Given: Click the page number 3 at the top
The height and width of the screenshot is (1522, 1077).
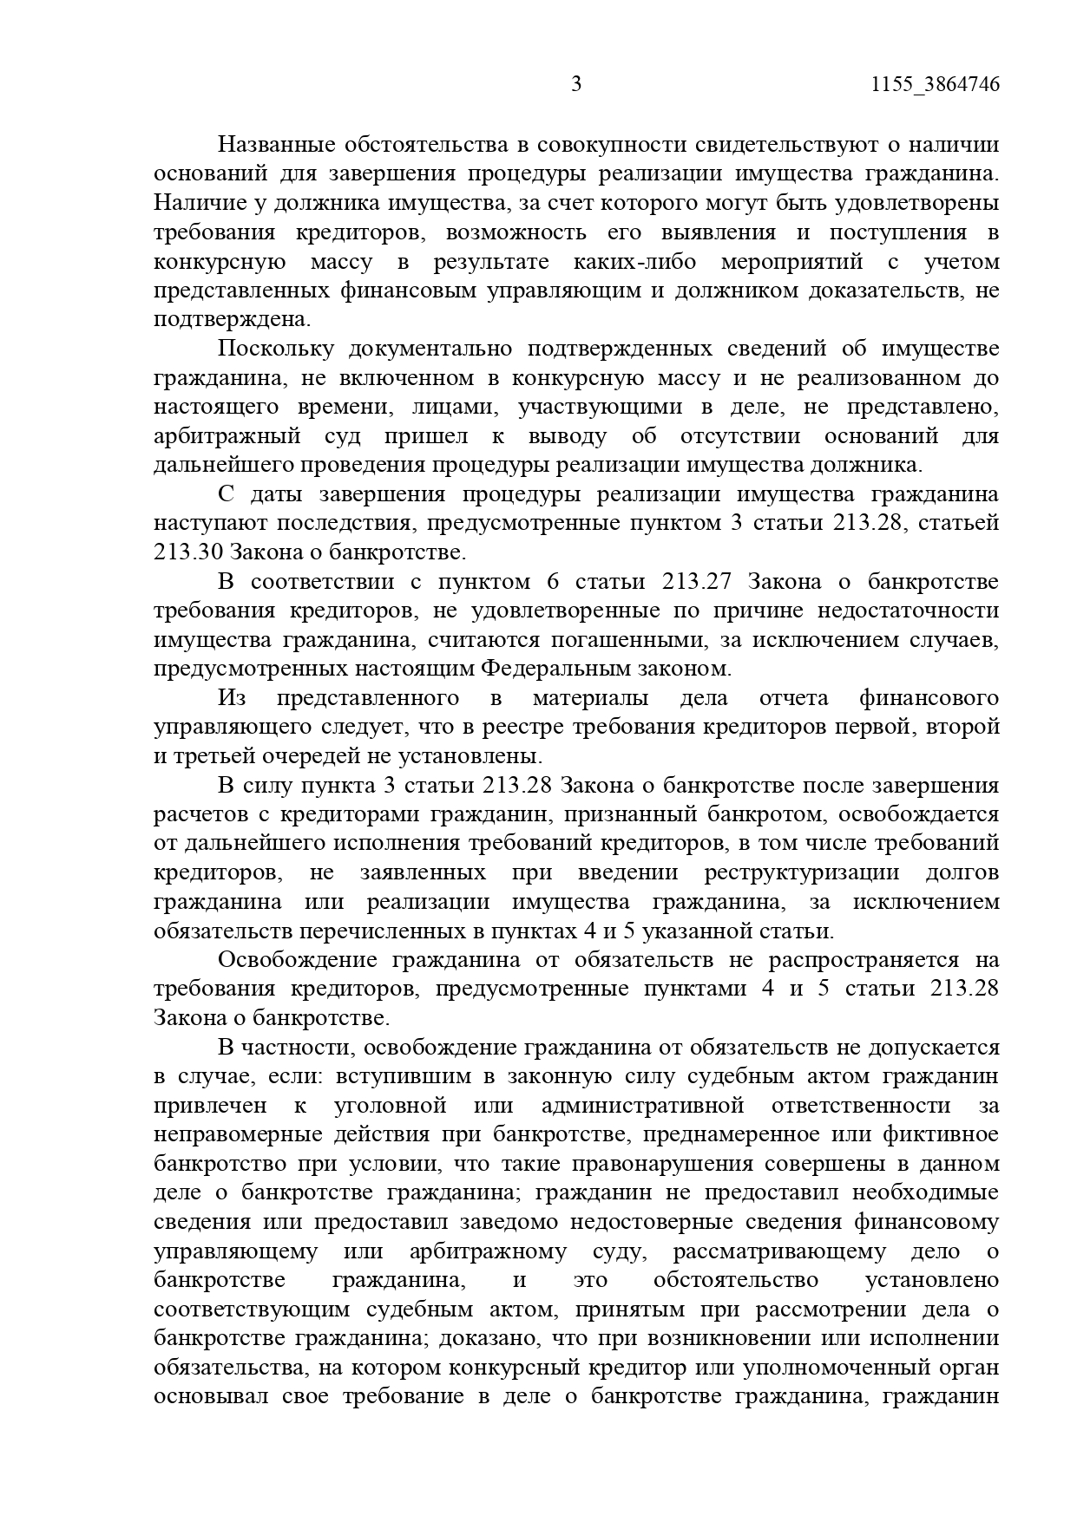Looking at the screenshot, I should tap(576, 84).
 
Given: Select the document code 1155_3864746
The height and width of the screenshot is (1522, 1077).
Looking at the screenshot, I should tap(934, 84).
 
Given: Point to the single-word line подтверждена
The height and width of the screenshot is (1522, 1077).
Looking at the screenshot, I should tap(231, 319).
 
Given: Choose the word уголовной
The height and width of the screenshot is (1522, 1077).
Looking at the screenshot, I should tap(390, 1106).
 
